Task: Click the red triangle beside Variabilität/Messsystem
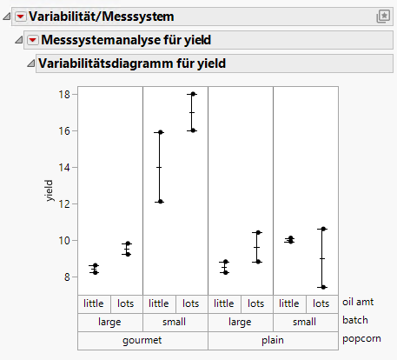point(21,17)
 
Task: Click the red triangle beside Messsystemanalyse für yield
point(33,40)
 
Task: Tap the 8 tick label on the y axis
point(66,277)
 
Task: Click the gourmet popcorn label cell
point(142,339)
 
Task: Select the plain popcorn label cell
point(273,339)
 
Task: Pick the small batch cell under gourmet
point(175,321)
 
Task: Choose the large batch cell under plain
point(241,321)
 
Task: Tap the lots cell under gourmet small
point(192,303)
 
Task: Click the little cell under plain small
point(289,303)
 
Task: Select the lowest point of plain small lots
point(322,287)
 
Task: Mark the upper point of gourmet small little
point(160,132)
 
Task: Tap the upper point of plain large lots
point(257,233)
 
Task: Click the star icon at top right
point(382,17)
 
